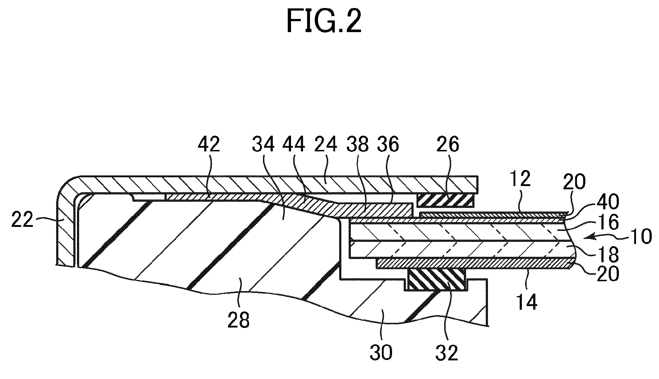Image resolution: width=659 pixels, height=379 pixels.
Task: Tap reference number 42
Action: (209, 145)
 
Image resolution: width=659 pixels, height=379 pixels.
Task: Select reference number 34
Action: (263, 145)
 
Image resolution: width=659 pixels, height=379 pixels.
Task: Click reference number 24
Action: (326, 145)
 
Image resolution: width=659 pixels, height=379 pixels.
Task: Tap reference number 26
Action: (448, 145)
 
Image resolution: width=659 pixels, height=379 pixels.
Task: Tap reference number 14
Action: (526, 302)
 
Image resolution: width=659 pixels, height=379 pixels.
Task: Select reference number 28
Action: (239, 320)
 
